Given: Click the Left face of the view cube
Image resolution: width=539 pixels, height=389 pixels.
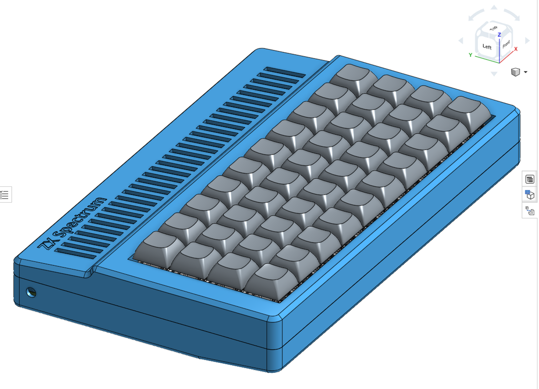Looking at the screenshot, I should click(486, 46).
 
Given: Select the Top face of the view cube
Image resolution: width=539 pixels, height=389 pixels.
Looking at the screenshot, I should click(493, 29).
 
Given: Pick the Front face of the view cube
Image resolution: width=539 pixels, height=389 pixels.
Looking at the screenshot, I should click(506, 45).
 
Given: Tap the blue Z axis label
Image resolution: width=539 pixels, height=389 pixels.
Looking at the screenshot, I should click(499, 35).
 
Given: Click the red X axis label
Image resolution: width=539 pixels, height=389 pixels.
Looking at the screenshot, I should click(516, 49).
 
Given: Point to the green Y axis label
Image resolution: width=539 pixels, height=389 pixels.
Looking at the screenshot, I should click(470, 55).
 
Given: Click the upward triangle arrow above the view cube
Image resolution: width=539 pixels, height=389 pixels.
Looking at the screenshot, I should click(494, 8).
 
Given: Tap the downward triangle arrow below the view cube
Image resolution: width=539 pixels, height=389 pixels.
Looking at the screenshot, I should click(494, 74).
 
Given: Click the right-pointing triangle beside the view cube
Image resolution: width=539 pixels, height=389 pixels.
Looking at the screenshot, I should click(527, 41).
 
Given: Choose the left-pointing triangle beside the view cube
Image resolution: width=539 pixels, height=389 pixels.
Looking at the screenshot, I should click(461, 41).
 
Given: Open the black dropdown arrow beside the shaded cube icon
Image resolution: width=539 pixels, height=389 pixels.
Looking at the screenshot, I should click(525, 72).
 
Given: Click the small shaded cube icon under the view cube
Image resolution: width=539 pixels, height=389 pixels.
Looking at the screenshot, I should click(515, 72).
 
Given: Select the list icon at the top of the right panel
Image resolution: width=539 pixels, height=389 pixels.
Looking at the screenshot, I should click(530, 179).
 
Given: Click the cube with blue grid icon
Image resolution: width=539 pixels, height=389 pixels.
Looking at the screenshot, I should click(530, 195).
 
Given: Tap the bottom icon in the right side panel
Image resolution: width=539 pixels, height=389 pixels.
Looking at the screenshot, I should click(530, 211).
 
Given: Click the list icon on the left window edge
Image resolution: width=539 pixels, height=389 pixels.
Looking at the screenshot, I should click(5, 195).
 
